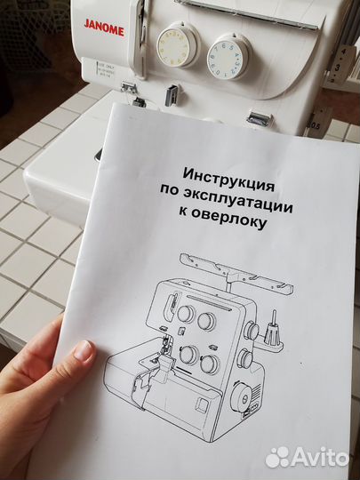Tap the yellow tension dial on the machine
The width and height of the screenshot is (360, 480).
176,45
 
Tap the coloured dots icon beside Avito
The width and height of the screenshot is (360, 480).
278,457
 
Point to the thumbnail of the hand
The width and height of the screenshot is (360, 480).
84,350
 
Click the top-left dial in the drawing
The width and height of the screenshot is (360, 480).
185,313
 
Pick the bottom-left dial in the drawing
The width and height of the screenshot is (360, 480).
188,355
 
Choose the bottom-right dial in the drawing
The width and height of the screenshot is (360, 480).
210,363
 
